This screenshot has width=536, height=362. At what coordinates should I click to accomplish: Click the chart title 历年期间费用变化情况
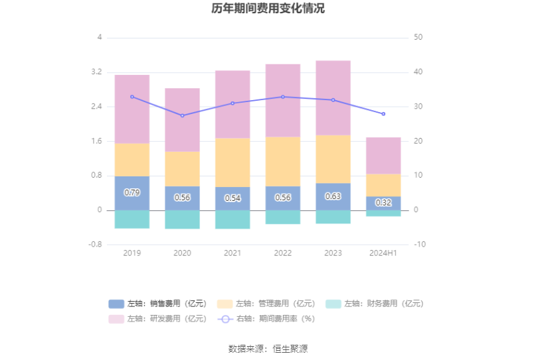pos(268,9)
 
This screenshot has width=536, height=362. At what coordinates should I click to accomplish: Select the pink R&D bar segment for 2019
pos(132,109)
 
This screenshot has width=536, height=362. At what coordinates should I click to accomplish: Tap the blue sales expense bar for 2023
pos(333,197)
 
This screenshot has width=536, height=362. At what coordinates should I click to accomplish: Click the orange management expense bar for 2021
pos(232,162)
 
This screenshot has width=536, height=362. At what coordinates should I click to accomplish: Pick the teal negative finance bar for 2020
pos(182,219)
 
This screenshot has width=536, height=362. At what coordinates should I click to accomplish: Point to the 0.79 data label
pos(132,193)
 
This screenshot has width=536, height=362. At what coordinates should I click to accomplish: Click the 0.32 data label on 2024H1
pos(383,203)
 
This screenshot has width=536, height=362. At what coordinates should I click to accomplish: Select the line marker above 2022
pos(283,97)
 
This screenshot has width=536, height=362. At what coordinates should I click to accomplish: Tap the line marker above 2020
pos(182,115)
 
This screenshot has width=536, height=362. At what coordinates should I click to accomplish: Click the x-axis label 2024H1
pos(383,253)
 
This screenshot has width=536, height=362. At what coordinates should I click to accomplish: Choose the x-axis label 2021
pos(232,253)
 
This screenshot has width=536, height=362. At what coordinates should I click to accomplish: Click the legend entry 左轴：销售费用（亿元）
pos(157,304)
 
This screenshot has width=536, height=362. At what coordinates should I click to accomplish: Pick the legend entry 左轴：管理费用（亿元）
pos(266,304)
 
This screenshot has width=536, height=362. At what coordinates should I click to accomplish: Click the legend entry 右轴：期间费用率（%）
pos(266,318)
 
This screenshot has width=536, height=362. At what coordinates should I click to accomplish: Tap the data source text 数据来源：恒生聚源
pos(268,349)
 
